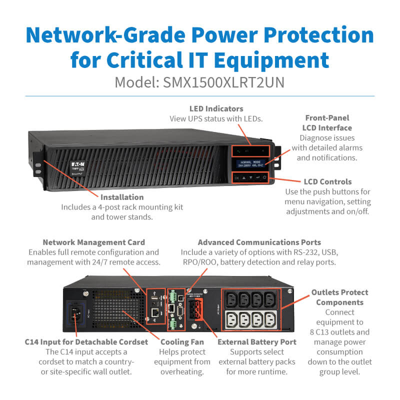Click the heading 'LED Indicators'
pyautogui.click(x=216, y=108)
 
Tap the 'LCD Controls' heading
pyautogui.click(x=327, y=181)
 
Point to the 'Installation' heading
pyautogui.click(x=122, y=197)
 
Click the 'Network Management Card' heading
pyautogui.click(x=93, y=242)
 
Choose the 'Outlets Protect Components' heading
pyautogui.click(x=339, y=297)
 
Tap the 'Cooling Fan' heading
pyautogui.click(x=182, y=342)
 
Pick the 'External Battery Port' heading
pyautogui.click(x=257, y=342)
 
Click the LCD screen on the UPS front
pyautogui.click(x=249, y=163)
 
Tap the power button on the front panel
pyautogui.click(x=264, y=177)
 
